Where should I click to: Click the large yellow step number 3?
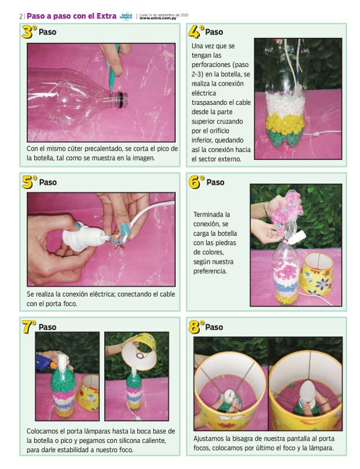27,32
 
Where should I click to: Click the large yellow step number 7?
27,326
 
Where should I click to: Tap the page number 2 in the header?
20,16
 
